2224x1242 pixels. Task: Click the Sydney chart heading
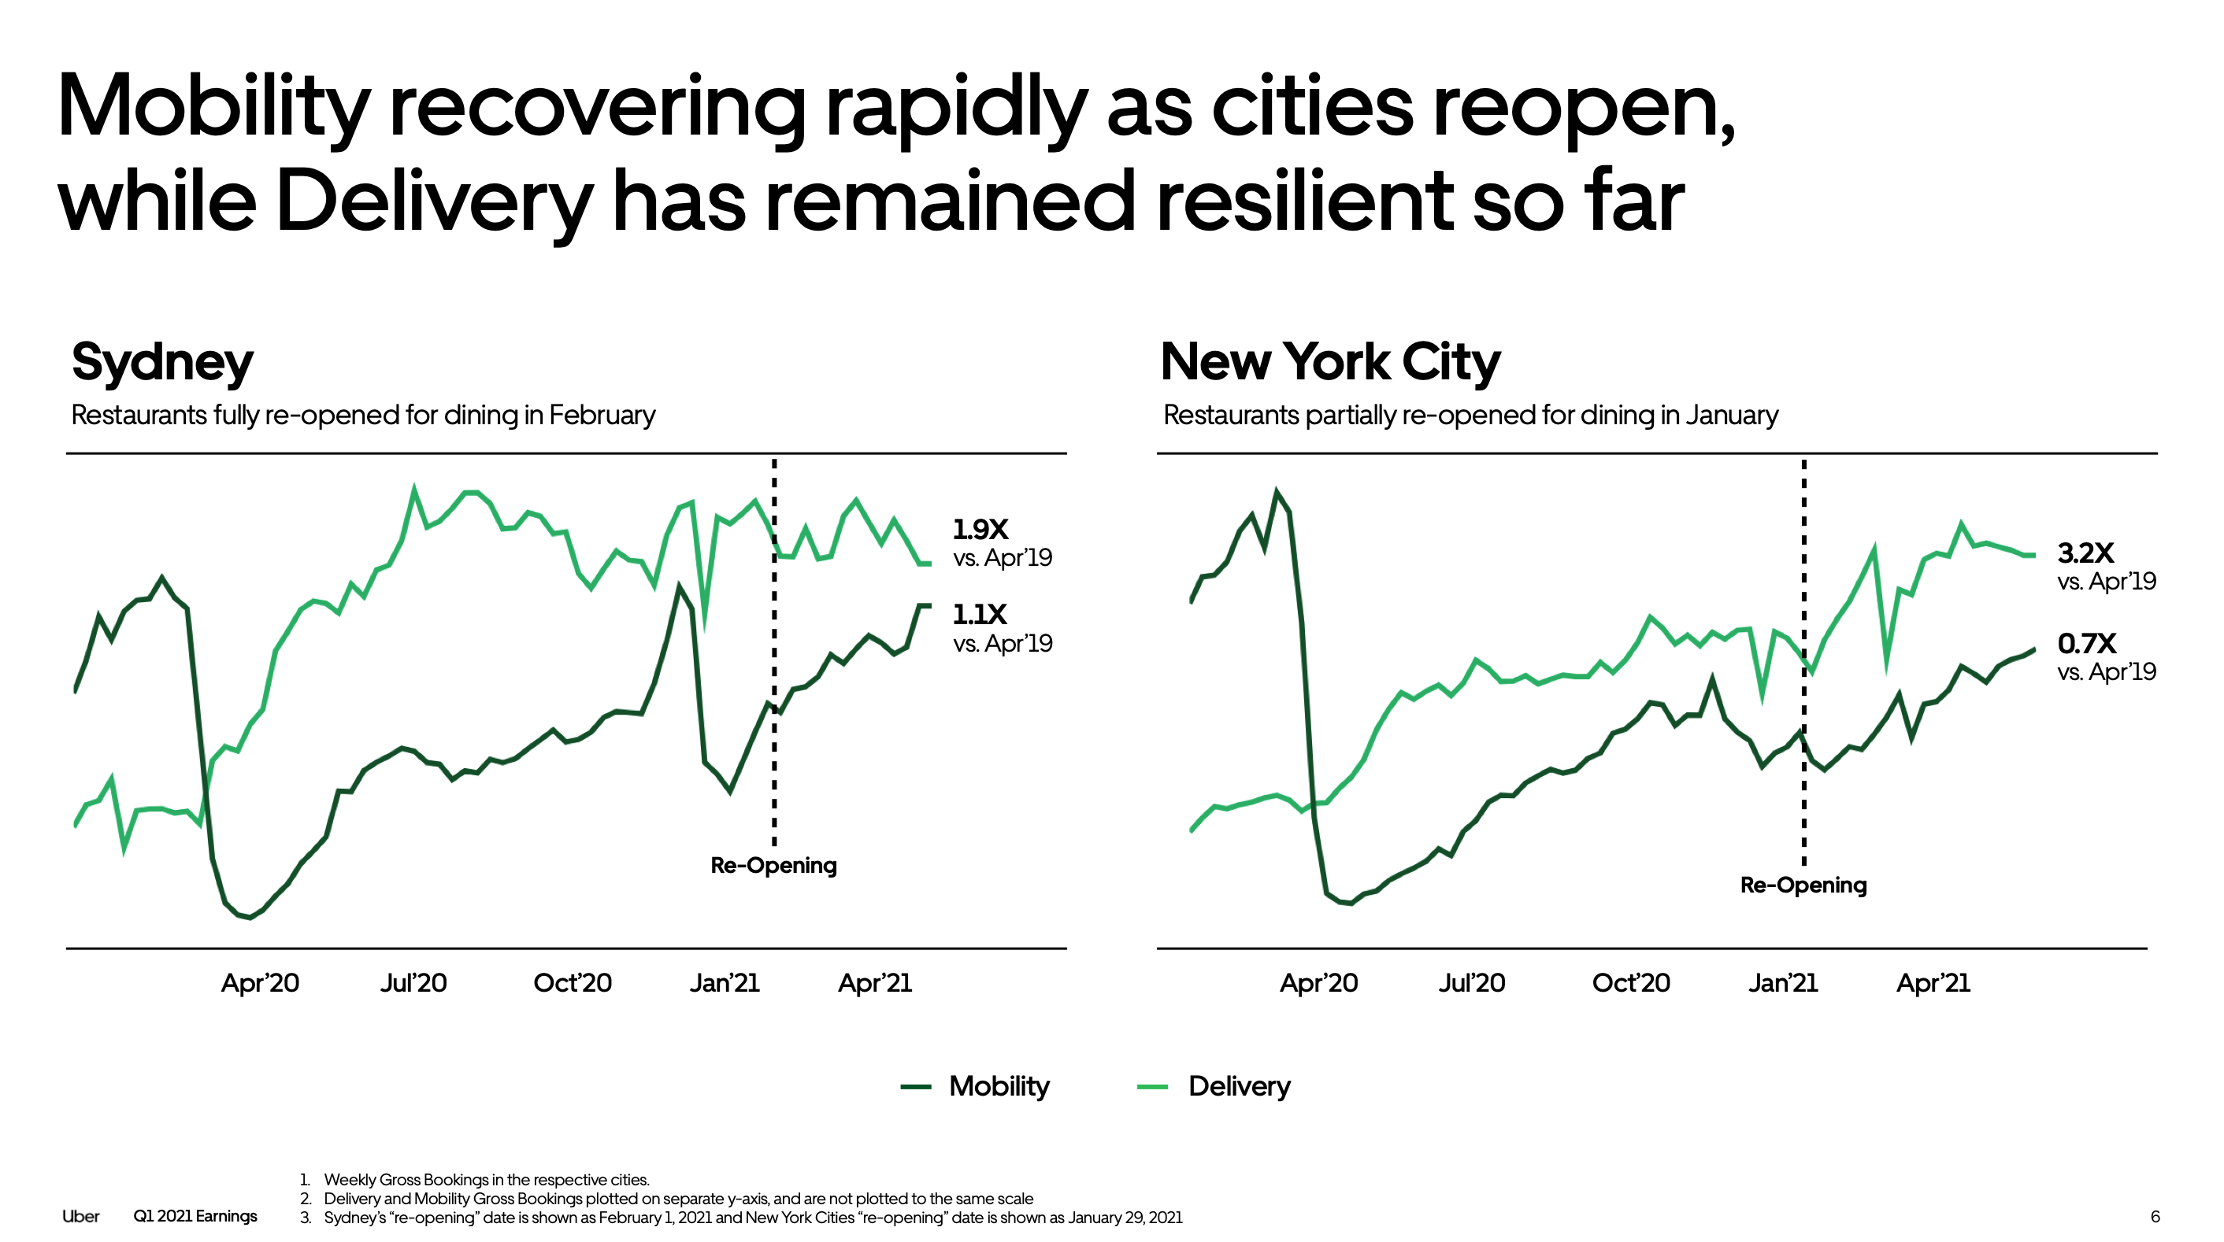tap(162, 363)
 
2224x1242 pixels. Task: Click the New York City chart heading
tap(1329, 363)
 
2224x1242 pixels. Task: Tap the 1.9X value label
tap(980, 529)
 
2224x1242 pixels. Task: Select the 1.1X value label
tap(979, 615)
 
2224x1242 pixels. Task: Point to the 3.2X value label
tap(2085, 553)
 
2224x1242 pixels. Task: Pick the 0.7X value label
tap(2086, 643)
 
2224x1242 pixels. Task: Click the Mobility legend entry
tap(998, 1086)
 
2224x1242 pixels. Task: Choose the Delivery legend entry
tap(1238, 1086)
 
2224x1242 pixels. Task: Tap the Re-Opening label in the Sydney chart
tap(773, 865)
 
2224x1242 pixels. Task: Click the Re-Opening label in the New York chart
tap(1803, 885)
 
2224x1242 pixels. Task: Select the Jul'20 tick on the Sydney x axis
tap(413, 983)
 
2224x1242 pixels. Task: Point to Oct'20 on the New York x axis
tap(1630, 983)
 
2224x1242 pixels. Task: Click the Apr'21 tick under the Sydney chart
tap(875, 983)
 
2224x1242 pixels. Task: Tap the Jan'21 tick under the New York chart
tap(1782, 983)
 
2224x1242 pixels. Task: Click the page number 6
tap(2155, 1216)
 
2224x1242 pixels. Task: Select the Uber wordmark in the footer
tap(80, 1216)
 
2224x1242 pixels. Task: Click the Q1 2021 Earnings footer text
tap(195, 1216)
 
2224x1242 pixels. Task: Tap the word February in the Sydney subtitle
tap(602, 415)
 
